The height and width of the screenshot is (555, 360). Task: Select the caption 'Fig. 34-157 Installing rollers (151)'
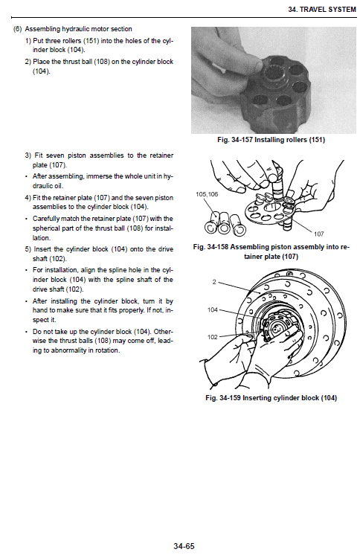coord(269,139)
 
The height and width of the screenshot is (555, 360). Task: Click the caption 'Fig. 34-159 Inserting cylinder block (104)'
coord(271,398)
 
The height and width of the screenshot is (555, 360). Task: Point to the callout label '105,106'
coord(207,194)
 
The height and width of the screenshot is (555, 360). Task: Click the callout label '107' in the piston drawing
coord(319,234)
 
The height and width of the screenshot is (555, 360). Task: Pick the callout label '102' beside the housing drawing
coord(213,337)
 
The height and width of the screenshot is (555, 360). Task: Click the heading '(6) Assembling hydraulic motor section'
coord(72,29)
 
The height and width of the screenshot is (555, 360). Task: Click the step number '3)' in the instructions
coord(28,155)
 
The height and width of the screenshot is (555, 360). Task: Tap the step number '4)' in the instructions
coord(28,197)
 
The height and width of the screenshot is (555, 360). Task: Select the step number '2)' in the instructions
coord(28,62)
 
